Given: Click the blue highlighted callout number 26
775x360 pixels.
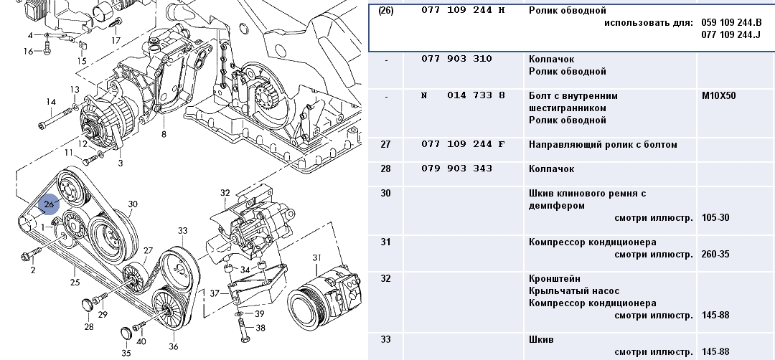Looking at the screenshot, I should [x=49, y=205].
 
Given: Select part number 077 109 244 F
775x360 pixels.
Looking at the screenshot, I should [x=463, y=145].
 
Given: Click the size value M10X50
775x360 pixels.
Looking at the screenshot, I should [x=718, y=95].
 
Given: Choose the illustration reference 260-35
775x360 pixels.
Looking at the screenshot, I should [x=715, y=254].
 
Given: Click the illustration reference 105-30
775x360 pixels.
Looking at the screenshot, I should [x=715, y=217].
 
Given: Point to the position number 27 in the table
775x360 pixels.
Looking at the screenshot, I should [x=386, y=145].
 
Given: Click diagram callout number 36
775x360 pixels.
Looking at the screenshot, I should [x=173, y=347].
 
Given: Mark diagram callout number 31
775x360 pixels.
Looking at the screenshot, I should [x=316, y=257].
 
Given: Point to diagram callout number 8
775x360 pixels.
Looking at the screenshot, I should [x=164, y=134].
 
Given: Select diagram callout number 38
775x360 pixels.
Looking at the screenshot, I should [x=260, y=328].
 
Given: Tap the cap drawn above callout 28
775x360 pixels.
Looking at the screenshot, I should [x=88, y=304].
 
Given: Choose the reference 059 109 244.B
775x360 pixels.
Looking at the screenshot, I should [x=731, y=23].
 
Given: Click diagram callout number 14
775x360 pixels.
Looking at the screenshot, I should [x=51, y=102].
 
